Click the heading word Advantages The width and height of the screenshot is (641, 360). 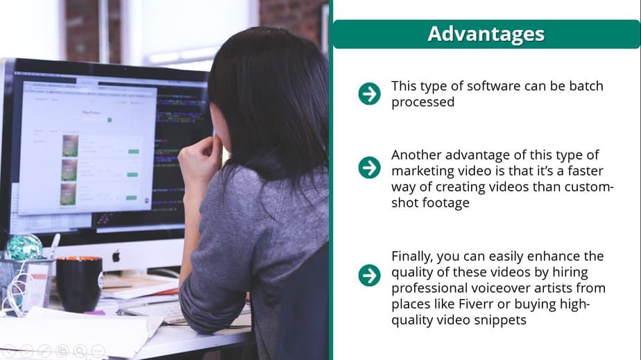coord(486,33)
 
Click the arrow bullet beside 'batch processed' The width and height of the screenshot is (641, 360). coord(369,94)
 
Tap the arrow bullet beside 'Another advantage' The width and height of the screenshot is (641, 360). coord(369,167)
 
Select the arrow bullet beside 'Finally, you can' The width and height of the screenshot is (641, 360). coord(369,275)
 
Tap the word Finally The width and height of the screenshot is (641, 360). coord(411,256)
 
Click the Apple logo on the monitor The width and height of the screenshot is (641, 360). coord(116,256)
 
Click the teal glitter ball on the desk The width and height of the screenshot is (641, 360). coord(24,248)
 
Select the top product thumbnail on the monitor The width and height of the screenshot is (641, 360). coord(69,145)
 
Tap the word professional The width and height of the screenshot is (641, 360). coord(427,288)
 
